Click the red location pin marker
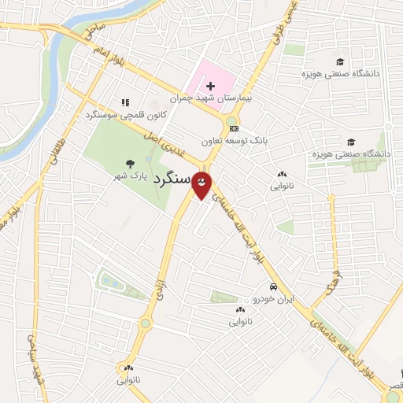coord(203,184)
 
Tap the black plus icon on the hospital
coord(210,85)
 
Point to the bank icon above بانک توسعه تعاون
coord(234,128)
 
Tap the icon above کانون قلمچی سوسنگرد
coord(124,102)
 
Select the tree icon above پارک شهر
coord(129,164)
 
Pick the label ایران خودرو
coord(271,300)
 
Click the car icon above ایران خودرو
coord(272,287)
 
